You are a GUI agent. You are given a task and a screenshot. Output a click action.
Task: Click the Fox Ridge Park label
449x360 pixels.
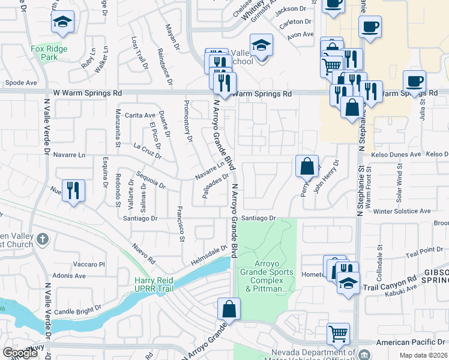tap(45, 52)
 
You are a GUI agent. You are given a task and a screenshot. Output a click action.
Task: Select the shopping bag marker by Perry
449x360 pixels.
tap(307, 166)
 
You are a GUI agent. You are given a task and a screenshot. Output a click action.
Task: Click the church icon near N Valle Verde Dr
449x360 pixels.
tap(42, 239)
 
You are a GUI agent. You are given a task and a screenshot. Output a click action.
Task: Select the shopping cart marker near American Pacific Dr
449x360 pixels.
tap(338, 333)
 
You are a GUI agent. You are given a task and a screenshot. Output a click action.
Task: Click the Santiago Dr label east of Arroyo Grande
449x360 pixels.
tap(259, 218)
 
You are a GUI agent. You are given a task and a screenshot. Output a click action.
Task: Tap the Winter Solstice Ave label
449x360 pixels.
tap(402, 211)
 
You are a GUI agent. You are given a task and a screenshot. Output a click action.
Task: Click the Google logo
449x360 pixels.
tap(20, 353)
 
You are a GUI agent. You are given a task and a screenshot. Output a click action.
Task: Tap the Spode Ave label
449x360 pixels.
tap(21, 83)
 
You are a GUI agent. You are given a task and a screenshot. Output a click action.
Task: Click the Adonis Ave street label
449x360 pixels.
tap(70, 276)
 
